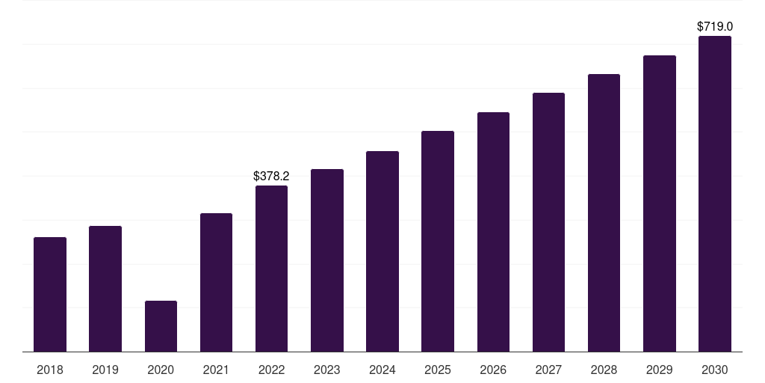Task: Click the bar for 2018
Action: click(x=50, y=295)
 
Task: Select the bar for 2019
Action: click(x=105, y=289)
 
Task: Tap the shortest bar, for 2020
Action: click(x=161, y=326)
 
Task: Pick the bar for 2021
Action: click(x=216, y=282)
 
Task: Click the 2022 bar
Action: click(x=271, y=269)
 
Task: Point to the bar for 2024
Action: click(x=382, y=251)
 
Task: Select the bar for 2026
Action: click(x=493, y=232)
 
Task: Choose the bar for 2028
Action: click(x=604, y=213)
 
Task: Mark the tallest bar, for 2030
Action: click(x=715, y=194)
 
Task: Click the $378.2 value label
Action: click(x=271, y=176)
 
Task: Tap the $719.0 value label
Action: click(x=715, y=26)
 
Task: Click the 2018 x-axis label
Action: click(x=50, y=370)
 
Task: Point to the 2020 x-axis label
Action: click(x=161, y=370)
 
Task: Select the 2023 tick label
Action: click(x=327, y=370)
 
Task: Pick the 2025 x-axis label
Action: click(x=438, y=370)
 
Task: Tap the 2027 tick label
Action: click(x=548, y=370)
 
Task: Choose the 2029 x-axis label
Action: click(x=659, y=370)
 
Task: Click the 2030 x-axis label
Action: click(x=715, y=370)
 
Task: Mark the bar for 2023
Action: click(x=327, y=260)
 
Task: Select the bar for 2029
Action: click(x=659, y=203)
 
